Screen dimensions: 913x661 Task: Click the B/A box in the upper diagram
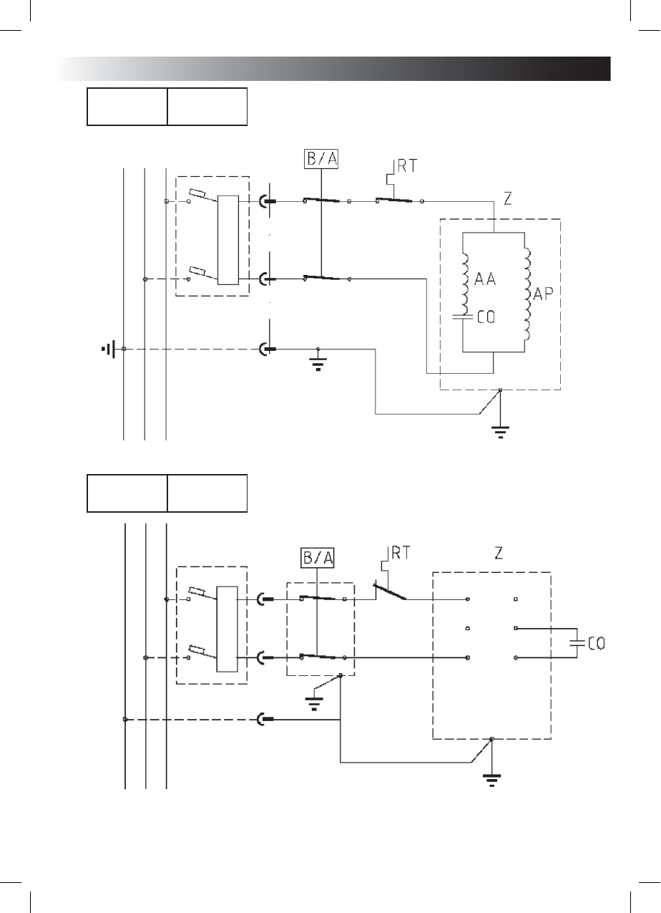click(x=321, y=158)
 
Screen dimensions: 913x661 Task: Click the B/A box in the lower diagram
click(x=317, y=557)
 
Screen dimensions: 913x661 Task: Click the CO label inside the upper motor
click(x=486, y=317)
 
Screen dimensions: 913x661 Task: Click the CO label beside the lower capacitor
click(x=596, y=644)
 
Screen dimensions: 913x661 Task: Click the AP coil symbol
click(x=528, y=294)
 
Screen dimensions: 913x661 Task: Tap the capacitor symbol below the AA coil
click(x=464, y=316)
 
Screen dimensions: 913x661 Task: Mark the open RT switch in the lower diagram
click(x=389, y=592)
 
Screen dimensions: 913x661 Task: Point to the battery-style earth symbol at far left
click(x=109, y=349)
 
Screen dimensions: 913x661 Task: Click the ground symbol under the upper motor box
click(x=500, y=430)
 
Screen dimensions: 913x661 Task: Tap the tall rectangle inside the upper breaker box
click(x=228, y=240)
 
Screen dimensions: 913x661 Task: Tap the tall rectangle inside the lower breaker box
click(x=226, y=628)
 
